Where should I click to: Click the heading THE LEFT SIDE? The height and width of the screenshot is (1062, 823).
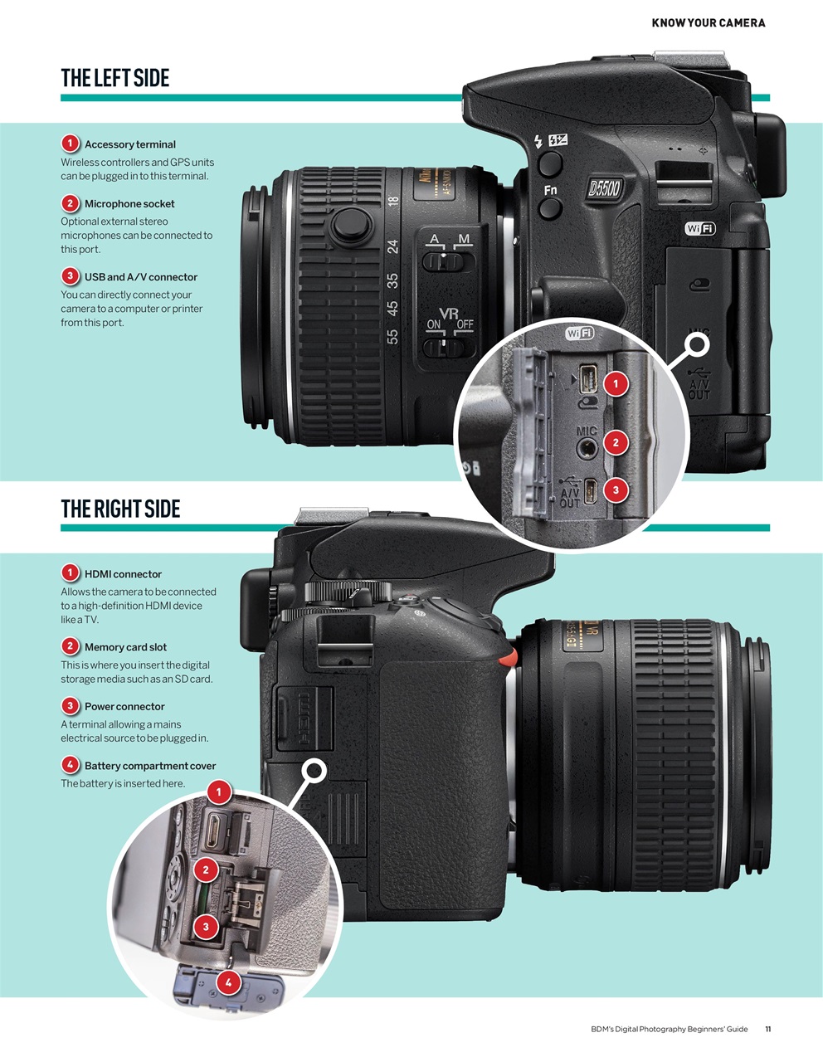tap(114, 78)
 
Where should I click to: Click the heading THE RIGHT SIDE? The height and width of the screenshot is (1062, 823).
tap(120, 509)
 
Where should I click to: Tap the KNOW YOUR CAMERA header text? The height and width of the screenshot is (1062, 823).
tap(708, 22)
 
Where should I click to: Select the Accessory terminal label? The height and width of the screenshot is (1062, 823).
tap(129, 144)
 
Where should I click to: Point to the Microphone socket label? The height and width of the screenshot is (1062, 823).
tap(129, 203)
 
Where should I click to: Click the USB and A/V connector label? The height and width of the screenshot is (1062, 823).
tap(140, 277)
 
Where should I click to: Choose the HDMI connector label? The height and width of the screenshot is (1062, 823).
tap(123, 574)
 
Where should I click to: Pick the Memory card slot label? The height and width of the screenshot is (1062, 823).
tap(125, 647)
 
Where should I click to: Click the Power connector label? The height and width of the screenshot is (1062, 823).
tap(124, 707)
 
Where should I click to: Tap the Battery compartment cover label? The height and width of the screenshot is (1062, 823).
tap(149, 766)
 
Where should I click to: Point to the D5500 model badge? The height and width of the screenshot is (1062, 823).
tap(603, 188)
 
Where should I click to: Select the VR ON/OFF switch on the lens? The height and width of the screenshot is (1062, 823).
tap(448, 346)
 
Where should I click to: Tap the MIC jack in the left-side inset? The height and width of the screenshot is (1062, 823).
tap(587, 448)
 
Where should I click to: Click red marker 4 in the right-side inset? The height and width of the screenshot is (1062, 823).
tap(228, 983)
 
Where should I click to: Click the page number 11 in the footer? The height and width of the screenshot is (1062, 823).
tap(767, 1029)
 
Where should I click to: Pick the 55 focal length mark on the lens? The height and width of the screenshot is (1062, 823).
tap(392, 336)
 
